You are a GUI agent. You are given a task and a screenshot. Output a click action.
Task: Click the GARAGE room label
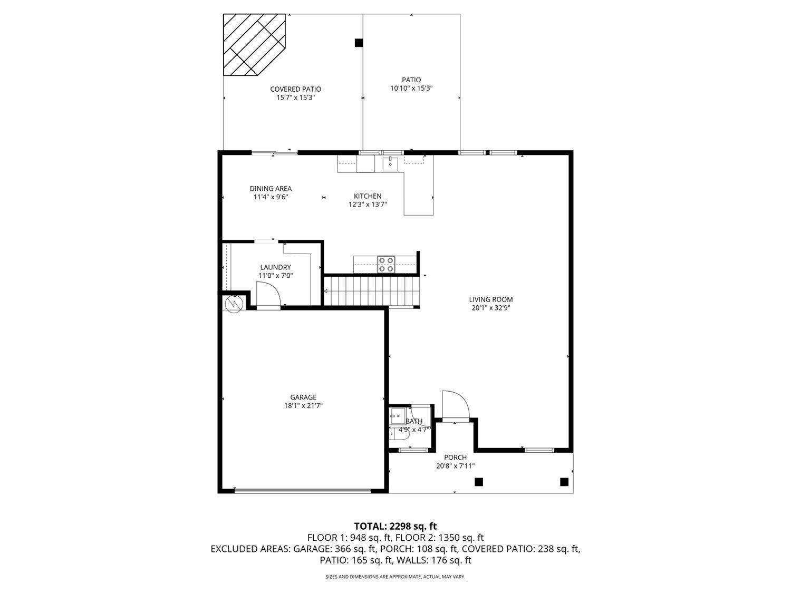tap(303, 397)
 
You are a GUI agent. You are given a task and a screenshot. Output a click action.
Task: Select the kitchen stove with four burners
tap(385, 264)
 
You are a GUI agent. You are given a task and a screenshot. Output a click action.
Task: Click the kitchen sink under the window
tap(390, 163)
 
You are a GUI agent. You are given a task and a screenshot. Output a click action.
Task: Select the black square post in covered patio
tap(359, 43)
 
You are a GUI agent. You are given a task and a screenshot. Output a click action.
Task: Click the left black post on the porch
tap(479, 481)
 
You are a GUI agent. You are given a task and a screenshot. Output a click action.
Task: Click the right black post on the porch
tap(564, 481)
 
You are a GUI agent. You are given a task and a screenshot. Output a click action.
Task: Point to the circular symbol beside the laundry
tap(233, 304)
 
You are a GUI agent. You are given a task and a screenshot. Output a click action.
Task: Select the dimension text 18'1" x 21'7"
tap(303, 406)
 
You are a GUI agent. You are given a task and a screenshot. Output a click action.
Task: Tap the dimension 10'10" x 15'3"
tap(411, 89)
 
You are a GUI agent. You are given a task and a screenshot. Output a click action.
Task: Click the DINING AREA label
tap(271, 188)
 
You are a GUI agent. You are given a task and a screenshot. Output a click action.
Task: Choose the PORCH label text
tap(455, 457)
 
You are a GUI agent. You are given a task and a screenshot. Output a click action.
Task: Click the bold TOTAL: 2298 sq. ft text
tap(395, 526)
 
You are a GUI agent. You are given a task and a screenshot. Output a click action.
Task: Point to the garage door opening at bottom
tap(303, 491)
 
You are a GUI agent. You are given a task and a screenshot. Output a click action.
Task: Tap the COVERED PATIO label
tap(295, 89)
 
